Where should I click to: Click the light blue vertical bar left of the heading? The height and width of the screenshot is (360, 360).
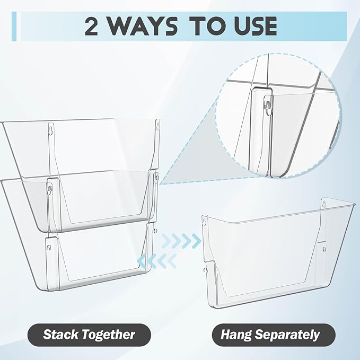pyautogui.click(x=15, y=26)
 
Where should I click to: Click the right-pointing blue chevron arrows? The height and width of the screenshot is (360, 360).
pyautogui.click(x=183, y=241)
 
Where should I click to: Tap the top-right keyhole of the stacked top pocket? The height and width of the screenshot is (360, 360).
pyautogui.click(x=157, y=126)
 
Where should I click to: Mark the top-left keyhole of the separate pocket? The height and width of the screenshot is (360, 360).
pyautogui.click(x=205, y=218)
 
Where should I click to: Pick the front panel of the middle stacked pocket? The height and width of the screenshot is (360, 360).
pyautogui.click(x=101, y=196)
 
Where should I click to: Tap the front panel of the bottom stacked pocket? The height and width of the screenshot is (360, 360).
pyautogui.click(x=101, y=257)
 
